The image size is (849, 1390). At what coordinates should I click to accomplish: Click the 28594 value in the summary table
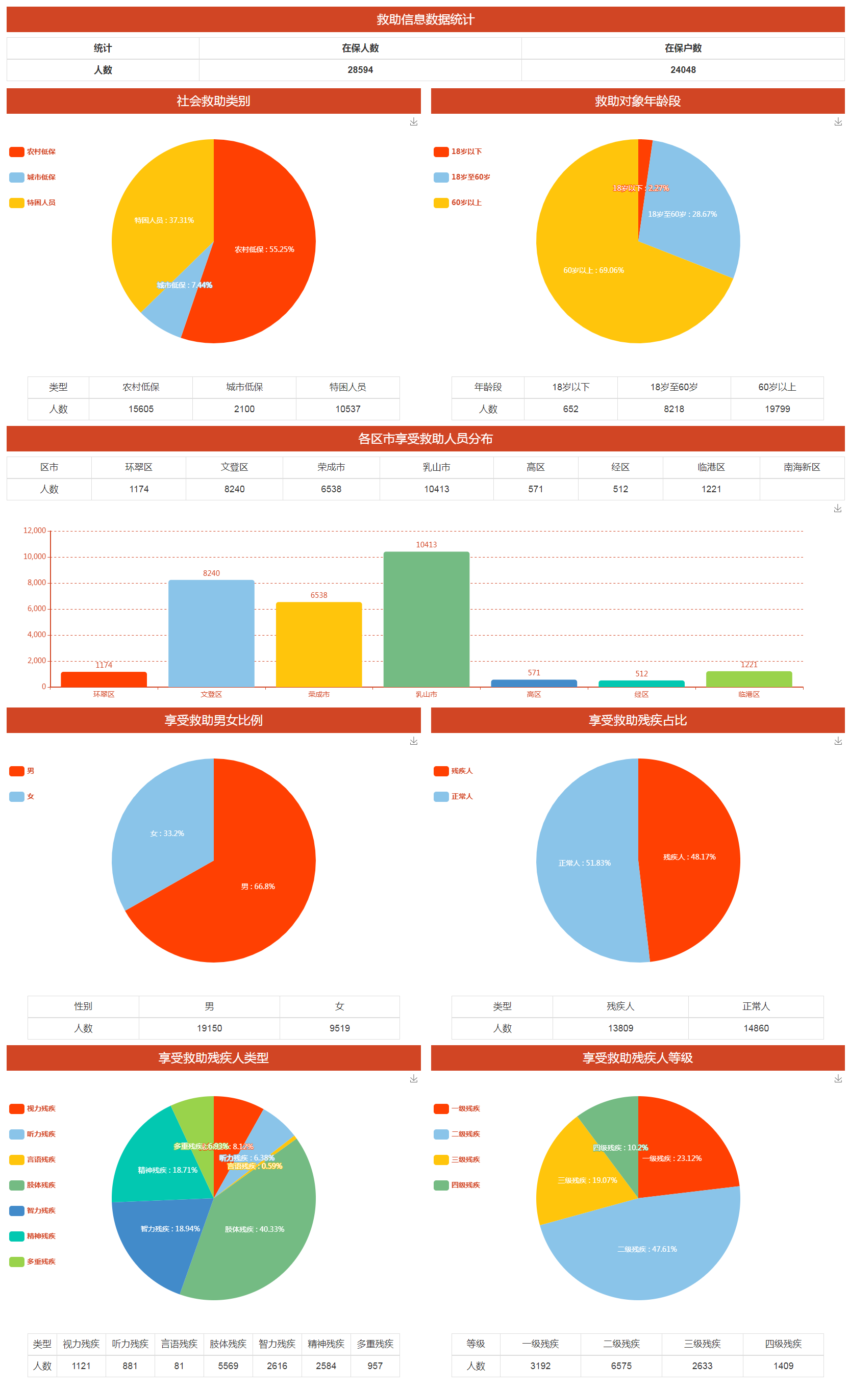tap(360, 70)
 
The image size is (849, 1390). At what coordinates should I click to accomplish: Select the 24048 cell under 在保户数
tap(683, 70)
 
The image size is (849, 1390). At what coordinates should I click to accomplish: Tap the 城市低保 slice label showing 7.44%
tap(185, 285)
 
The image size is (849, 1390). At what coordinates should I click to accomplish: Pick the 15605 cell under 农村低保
tap(140, 409)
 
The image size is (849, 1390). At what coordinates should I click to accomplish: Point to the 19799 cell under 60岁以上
tap(777, 409)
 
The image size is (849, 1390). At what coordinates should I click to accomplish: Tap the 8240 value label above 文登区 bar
tap(212, 573)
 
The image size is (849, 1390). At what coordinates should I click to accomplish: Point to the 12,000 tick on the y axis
tap(34, 530)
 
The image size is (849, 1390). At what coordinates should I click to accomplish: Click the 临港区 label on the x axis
tap(748, 694)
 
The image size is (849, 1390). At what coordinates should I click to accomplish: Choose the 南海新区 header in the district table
tap(802, 467)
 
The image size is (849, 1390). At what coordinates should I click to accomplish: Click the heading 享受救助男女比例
tap(213, 720)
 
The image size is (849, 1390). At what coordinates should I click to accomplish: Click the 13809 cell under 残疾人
tap(620, 1028)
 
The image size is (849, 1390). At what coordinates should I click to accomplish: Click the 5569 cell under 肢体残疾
tap(228, 1366)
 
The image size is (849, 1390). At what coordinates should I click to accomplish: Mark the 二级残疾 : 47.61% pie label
tap(646, 1249)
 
